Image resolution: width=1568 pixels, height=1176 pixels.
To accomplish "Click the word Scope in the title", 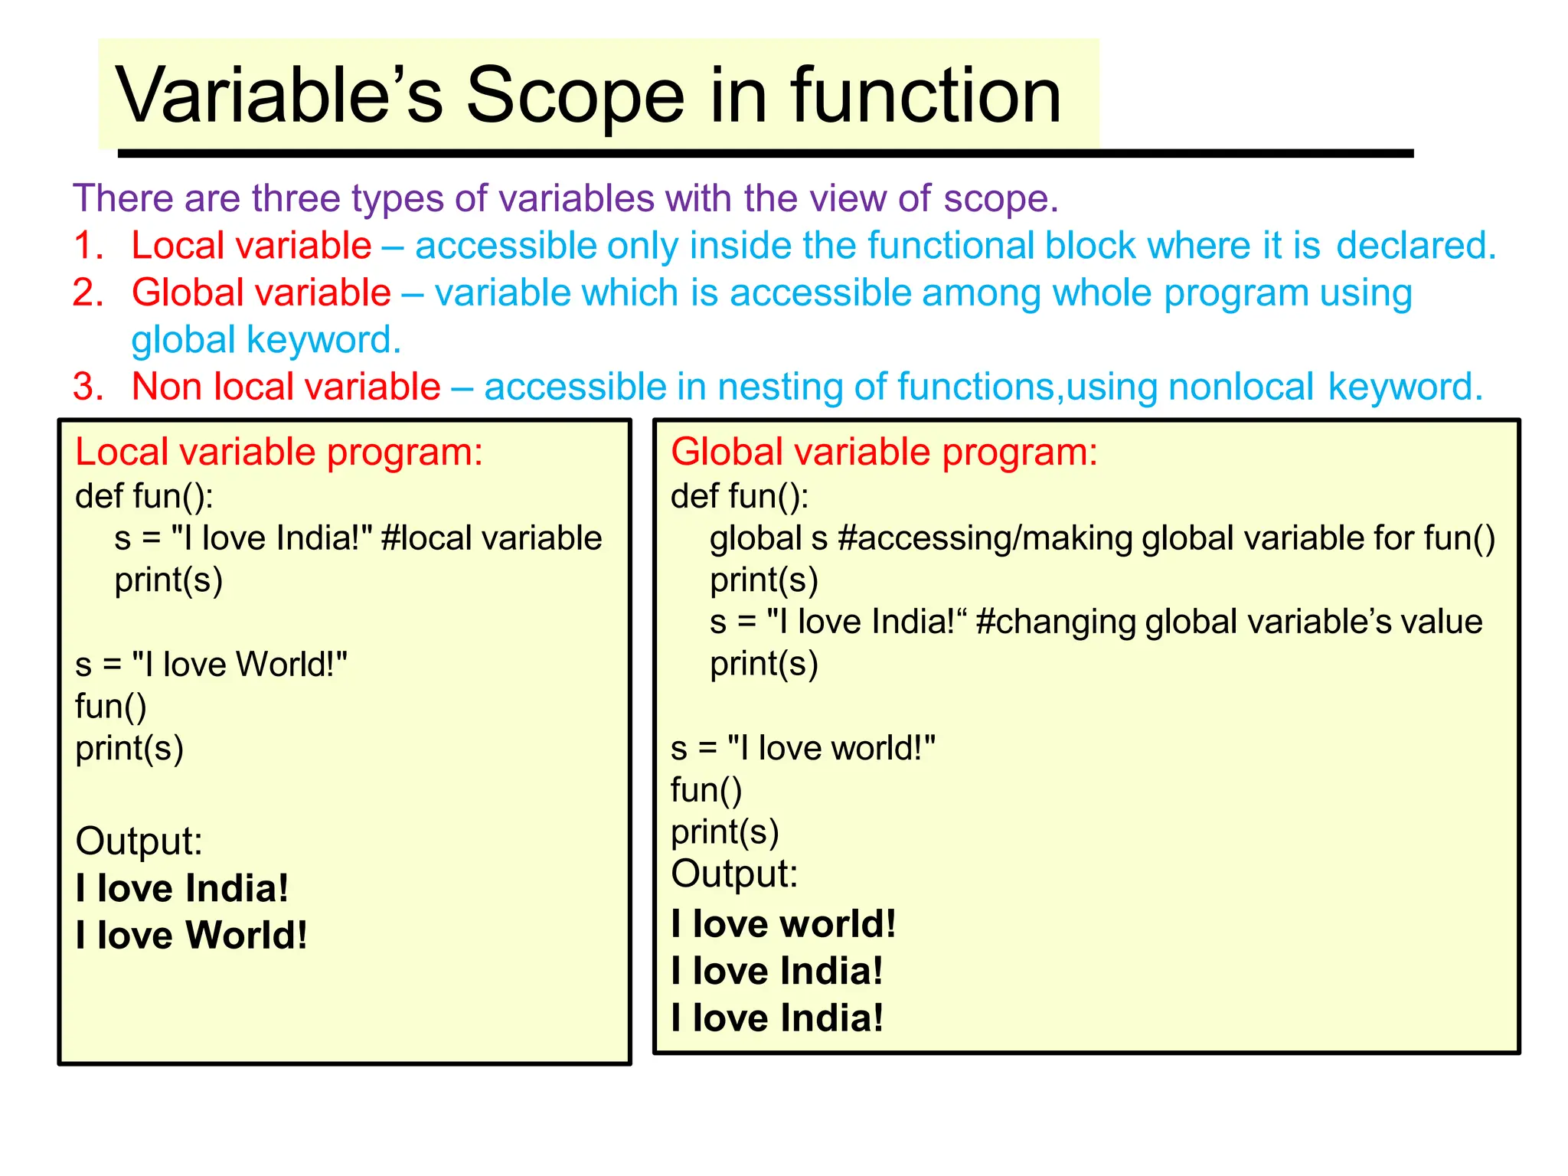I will pos(574,96).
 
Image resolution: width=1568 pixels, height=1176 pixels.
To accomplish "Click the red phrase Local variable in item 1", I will pos(251,247).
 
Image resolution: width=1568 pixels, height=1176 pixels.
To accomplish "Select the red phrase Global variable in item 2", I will pos(261,293).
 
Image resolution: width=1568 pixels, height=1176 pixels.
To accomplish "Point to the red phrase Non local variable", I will pos(286,387).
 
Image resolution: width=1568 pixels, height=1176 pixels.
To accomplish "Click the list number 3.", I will pos(87,387).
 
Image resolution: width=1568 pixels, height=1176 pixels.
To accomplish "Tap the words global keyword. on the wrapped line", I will pos(266,340).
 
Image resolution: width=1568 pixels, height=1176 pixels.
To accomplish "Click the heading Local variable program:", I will pos(279,452).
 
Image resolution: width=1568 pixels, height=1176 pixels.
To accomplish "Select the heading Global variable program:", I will pos(884,452).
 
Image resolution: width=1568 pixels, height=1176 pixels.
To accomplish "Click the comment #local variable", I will pos(491,538).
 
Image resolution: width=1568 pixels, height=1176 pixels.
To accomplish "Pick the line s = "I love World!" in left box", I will pos(211,665).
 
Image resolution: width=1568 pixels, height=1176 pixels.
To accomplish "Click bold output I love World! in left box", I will pos(191,936).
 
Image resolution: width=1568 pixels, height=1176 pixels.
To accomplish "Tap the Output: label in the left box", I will pos(139,841).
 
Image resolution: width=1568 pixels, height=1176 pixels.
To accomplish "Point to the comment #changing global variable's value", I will pos(1229,622).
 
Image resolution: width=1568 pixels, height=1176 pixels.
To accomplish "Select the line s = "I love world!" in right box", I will pos(802,748).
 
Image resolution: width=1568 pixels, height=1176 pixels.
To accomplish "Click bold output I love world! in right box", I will pos(783,924).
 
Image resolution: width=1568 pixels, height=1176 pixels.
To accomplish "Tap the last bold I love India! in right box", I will pos(777,1018).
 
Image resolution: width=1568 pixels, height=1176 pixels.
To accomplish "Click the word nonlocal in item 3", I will pos(1240,387).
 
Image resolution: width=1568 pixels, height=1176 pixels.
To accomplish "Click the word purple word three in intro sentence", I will pos(296,199).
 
